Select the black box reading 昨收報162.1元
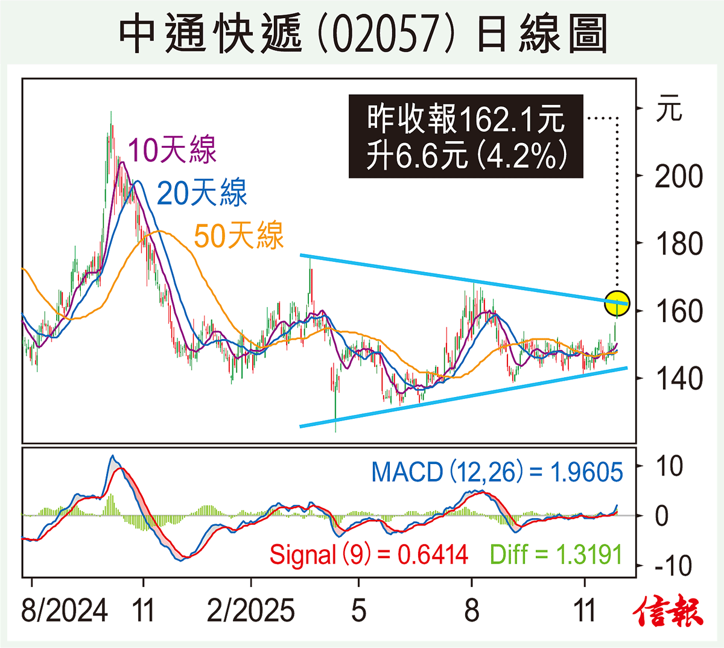(466, 136)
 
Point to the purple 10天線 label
(172, 150)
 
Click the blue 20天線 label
(202, 193)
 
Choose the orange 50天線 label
(238, 235)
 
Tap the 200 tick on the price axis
(679, 177)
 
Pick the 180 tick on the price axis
(679, 244)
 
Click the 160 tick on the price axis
(679, 311)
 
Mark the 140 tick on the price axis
(679, 379)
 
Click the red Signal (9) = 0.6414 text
(369, 554)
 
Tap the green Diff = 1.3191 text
(556, 554)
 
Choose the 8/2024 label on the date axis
(64, 611)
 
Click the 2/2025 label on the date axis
(250, 611)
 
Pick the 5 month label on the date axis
(358, 611)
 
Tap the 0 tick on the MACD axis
(662, 516)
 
